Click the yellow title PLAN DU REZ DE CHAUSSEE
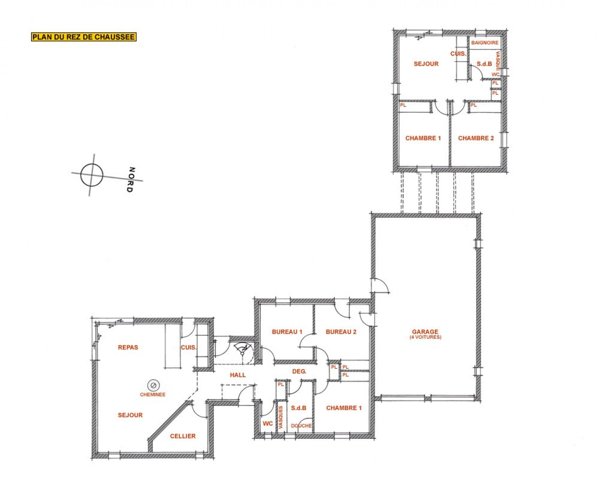pos(83,37)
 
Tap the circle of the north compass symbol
pos(92,175)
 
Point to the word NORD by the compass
pos(131,180)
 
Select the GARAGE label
pos(425,331)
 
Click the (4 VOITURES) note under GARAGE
pos(425,337)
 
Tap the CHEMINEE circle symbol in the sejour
pos(153,385)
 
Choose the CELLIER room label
pos(183,436)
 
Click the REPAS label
pos(128,347)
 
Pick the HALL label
pos(238,375)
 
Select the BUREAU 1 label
pos(287,331)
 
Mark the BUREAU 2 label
pos(341,331)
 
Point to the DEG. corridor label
pos(299,371)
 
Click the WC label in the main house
pos(268,424)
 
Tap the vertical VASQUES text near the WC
pos(281,418)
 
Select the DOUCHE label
pos(301,426)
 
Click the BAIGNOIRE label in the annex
pos(485,43)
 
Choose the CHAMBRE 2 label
pos(476,138)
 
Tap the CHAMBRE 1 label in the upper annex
pos(423,138)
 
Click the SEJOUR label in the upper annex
pos(426,64)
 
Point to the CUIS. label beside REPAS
pos(188,347)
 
